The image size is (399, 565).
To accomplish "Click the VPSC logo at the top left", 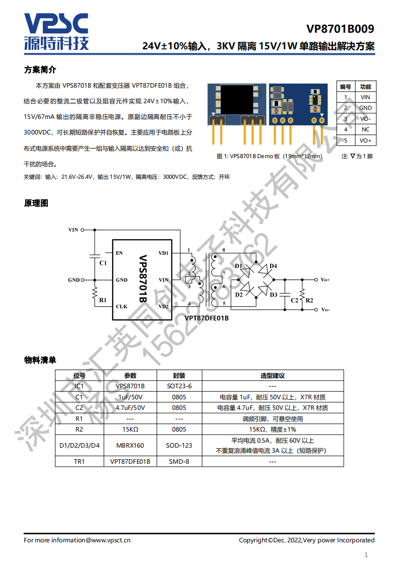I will pos(56,31).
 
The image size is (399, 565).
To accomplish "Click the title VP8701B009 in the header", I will pos(340,29).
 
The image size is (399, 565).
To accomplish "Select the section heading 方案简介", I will pos(40,69).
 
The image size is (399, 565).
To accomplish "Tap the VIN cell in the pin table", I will pos(365,97).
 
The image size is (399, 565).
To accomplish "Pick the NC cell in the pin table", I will pos(365,129).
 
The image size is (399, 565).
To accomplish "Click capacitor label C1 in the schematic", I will pos(103,263).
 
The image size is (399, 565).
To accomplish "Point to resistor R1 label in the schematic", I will pos(103,300).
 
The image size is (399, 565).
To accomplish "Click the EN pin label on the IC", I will pos(119,253).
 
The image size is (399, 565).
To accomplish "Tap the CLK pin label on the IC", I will pos(121,306).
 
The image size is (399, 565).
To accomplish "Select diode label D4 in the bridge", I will pos(273,266).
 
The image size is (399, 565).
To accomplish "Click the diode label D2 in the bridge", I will pos(239,295).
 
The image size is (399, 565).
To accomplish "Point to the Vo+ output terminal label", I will pos(325,279).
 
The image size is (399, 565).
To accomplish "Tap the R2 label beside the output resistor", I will pos(309,300).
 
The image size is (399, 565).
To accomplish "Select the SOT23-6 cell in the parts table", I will pos(179,386).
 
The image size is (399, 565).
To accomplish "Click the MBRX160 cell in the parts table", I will pos(130,445).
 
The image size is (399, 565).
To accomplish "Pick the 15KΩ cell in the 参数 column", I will pos(130,430).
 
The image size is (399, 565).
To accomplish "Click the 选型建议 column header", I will pos(272,376).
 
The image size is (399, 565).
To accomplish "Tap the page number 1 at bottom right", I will pos(366,555).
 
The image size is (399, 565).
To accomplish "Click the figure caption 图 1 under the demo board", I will pos(269,156).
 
